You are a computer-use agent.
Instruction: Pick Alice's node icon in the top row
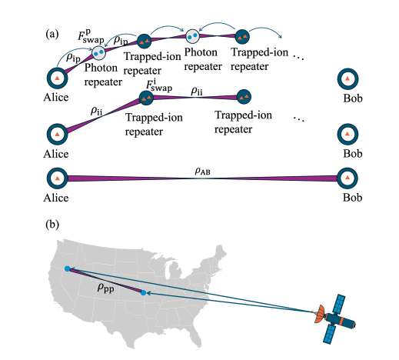coord(58,78)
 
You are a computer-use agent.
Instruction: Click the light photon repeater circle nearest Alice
coord(99,52)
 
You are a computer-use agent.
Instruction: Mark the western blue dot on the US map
coord(68,268)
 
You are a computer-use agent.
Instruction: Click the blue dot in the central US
coord(144,293)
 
